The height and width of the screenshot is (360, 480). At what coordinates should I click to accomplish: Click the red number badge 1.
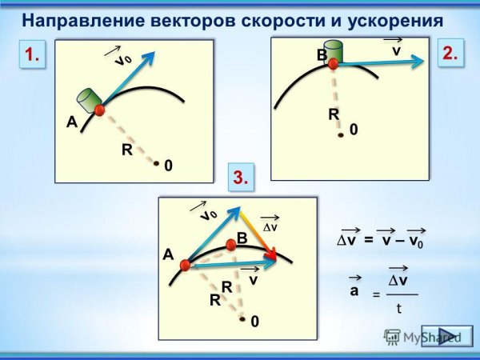(32, 55)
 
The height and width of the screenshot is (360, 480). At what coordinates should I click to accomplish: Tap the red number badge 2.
(450, 53)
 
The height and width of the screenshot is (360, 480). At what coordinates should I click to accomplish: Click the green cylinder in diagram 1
(87, 102)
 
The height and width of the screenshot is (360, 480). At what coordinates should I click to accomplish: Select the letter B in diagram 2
(321, 55)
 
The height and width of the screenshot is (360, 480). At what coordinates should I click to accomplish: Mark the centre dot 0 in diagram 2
(341, 134)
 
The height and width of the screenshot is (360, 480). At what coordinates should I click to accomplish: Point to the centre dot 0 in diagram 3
(242, 318)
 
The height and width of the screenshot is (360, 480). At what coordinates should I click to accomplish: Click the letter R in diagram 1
(126, 149)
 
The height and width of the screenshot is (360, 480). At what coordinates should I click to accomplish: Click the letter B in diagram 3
(242, 238)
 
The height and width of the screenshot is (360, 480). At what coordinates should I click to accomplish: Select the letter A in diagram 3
(168, 254)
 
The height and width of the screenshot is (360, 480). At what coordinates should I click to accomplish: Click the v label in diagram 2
(395, 50)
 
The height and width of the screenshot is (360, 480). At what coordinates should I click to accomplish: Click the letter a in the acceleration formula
(354, 291)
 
